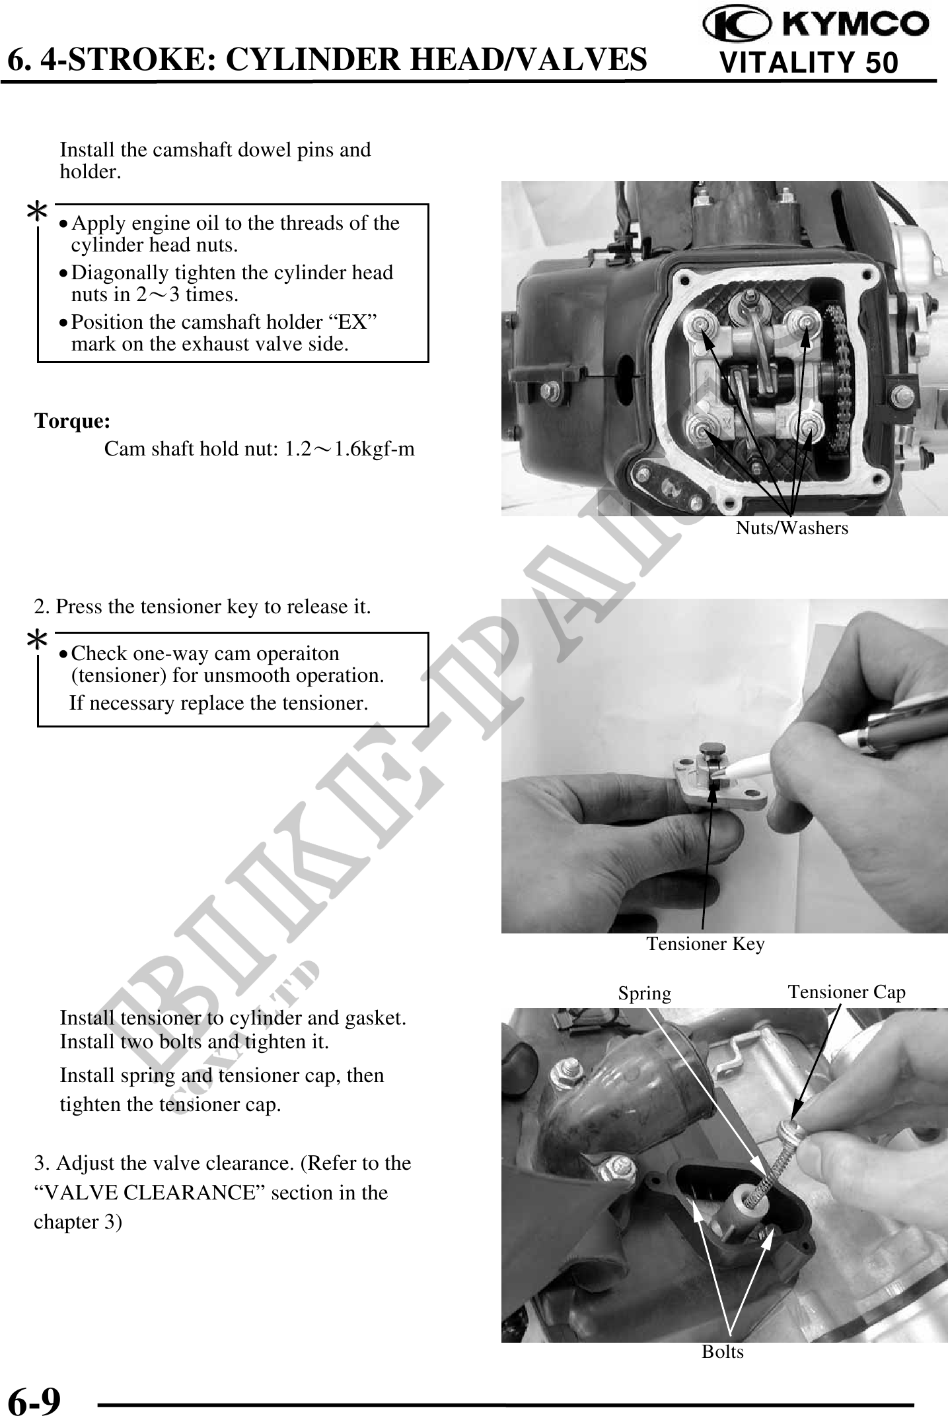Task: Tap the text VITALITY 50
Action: pyautogui.click(x=809, y=63)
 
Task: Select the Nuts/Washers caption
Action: pyautogui.click(x=792, y=528)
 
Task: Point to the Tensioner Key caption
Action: pyautogui.click(x=706, y=944)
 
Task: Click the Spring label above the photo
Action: pyautogui.click(x=644, y=993)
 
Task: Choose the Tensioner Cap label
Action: pyautogui.click(x=846, y=992)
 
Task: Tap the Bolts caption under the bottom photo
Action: pyautogui.click(x=723, y=1352)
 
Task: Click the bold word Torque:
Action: pyautogui.click(x=72, y=421)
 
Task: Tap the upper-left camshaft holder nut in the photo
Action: pyautogui.click(x=698, y=323)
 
